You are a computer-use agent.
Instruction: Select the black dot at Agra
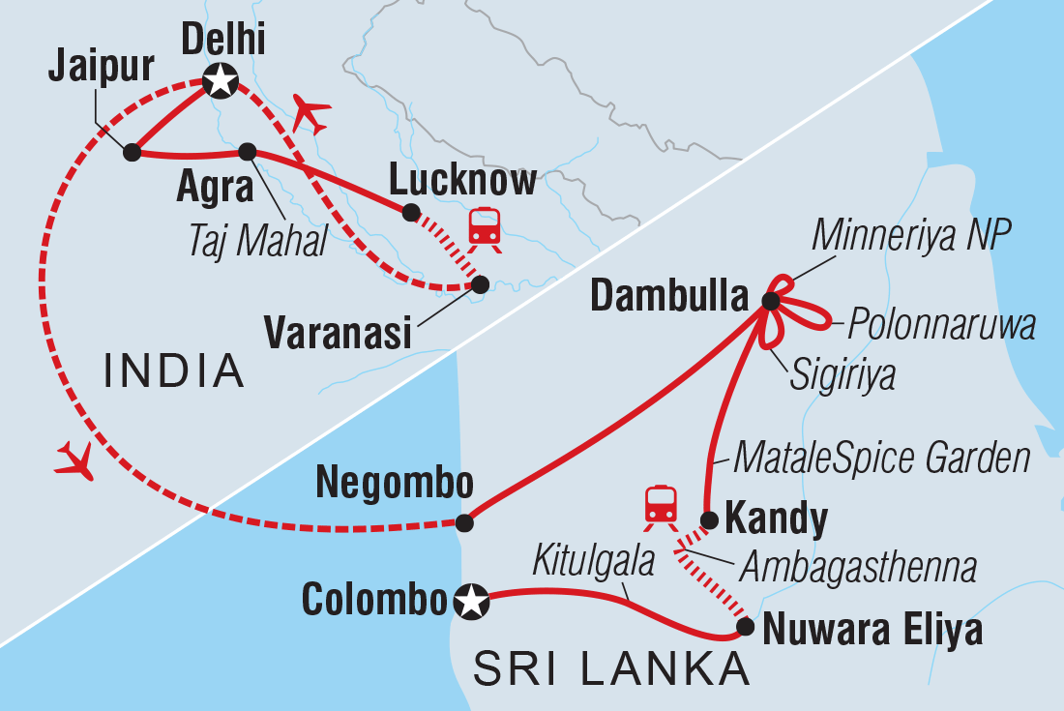point(247,152)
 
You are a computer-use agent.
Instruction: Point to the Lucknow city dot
point(410,213)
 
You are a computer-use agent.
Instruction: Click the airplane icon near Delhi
point(310,114)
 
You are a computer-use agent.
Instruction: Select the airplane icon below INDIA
point(75,459)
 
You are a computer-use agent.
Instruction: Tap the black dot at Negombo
point(464,523)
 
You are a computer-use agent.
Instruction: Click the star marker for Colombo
point(471,604)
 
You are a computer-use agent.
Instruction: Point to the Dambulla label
point(669,298)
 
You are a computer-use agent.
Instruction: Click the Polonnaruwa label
point(942,326)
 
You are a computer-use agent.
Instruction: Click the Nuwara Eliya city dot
point(745,627)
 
